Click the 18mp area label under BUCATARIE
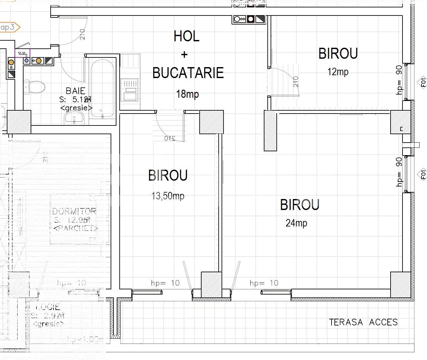[x=187, y=94]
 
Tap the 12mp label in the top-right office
[x=338, y=72]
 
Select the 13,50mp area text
[x=168, y=195]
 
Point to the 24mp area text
[x=296, y=223]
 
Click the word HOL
[x=186, y=36]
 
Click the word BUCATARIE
[x=188, y=73]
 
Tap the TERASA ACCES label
[x=363, y=322]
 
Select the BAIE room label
[x=75, y=91]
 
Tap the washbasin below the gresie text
[x=74, y=118]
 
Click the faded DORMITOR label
[x=74, y=211]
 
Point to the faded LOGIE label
[x=48, y=307]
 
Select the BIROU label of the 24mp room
[x=300, y=205]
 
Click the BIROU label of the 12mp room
[x=338, y=54]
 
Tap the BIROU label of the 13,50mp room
[x=168, y=175]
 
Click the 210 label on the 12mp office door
[x=296, y=82]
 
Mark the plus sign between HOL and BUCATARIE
[x=184, y=55]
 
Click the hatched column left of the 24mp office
[x=270, y=131]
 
